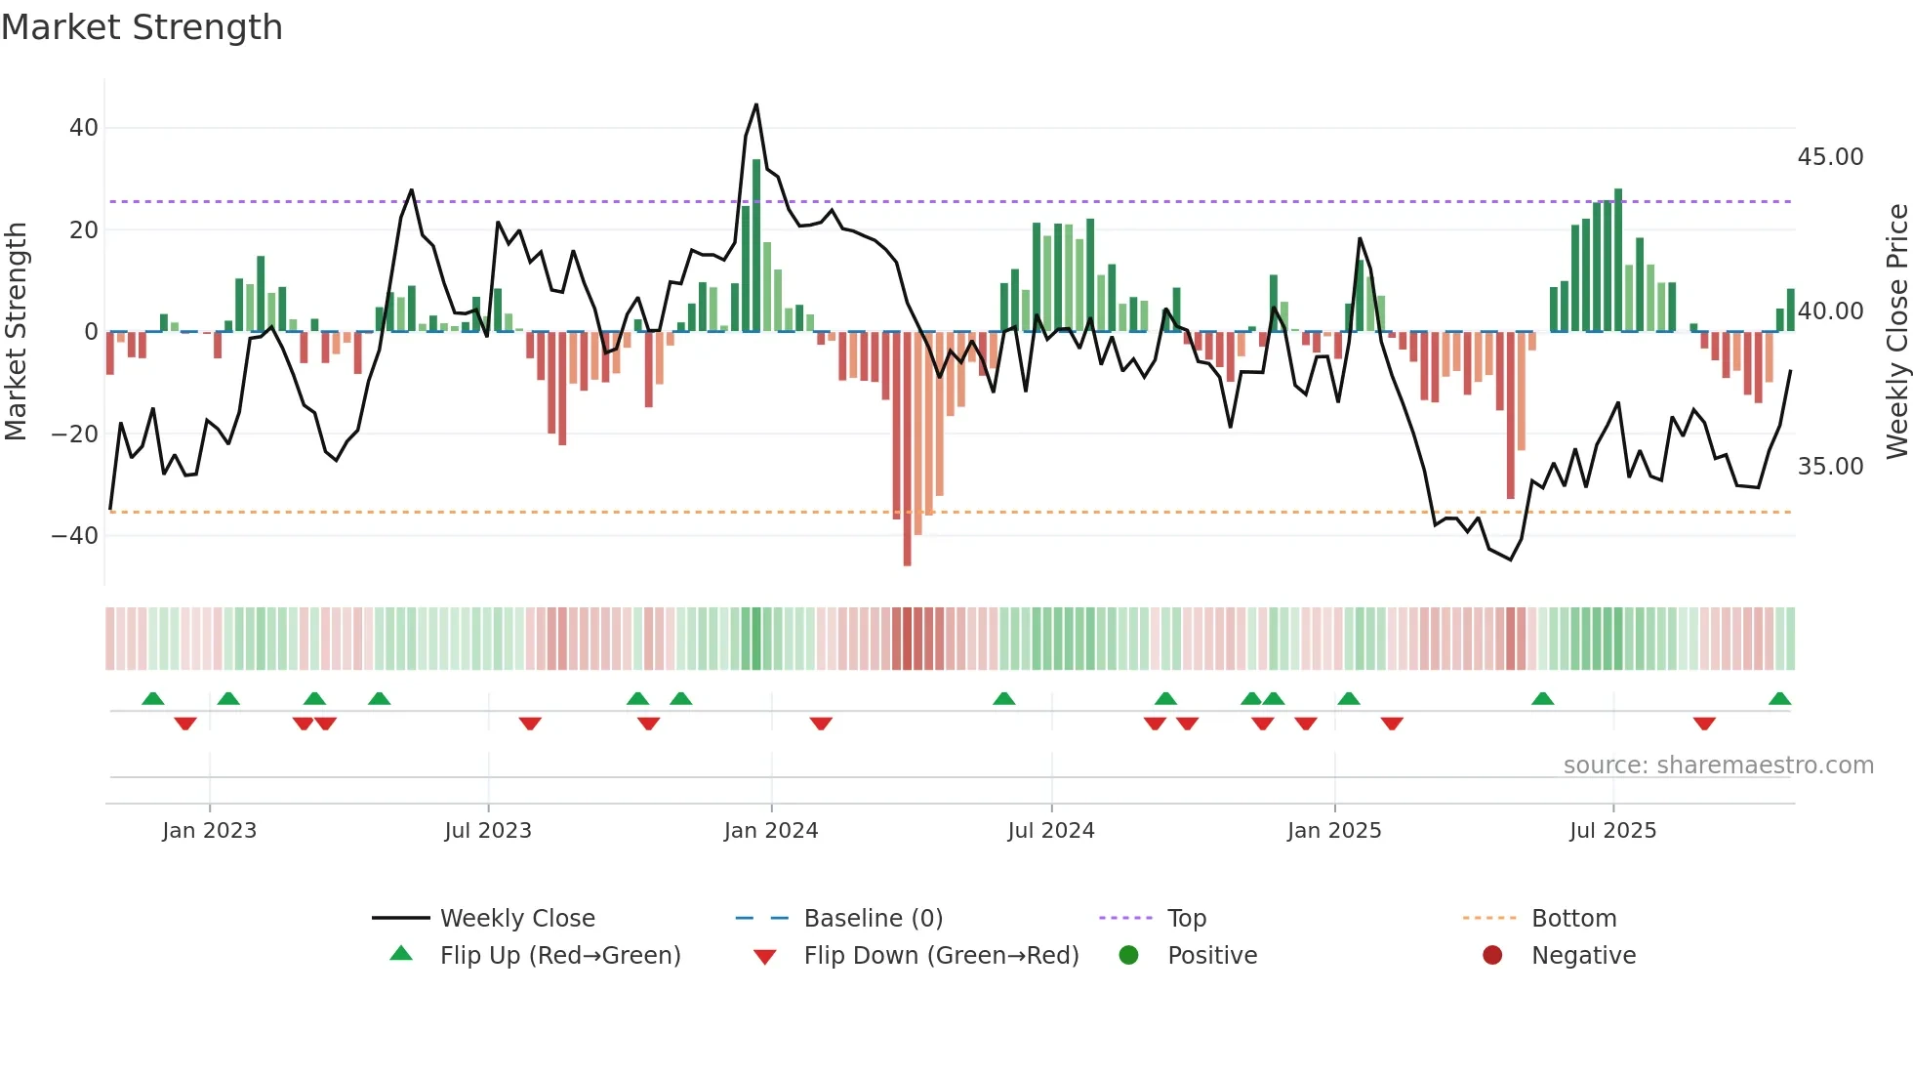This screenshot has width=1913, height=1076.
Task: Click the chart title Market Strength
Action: click(x=142, y=27)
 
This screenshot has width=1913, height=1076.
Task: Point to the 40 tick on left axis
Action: click(x=84, y=128)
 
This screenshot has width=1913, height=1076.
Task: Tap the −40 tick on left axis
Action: click(x=75, y=536)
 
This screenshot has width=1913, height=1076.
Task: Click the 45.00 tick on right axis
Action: click(x=1830, y=157)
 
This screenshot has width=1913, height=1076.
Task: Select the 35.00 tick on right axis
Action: click(x=1830, y=467)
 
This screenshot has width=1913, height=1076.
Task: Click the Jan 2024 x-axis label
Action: click(x=770, y=831)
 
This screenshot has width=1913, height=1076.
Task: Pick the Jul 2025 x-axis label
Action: click(x=1612, y=831)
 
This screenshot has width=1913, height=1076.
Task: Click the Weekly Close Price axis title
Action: click(x=1896, y=332)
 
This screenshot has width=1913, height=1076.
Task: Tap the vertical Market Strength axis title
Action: click(x=17, y=332)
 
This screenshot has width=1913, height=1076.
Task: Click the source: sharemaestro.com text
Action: click(x=1718, y=766)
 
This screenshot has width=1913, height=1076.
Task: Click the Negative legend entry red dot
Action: click(x=1492, y=956)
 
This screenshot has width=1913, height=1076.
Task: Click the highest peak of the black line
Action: click(x=755, y=105)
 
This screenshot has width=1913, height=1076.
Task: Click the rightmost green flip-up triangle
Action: click(x=1779, y=699)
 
